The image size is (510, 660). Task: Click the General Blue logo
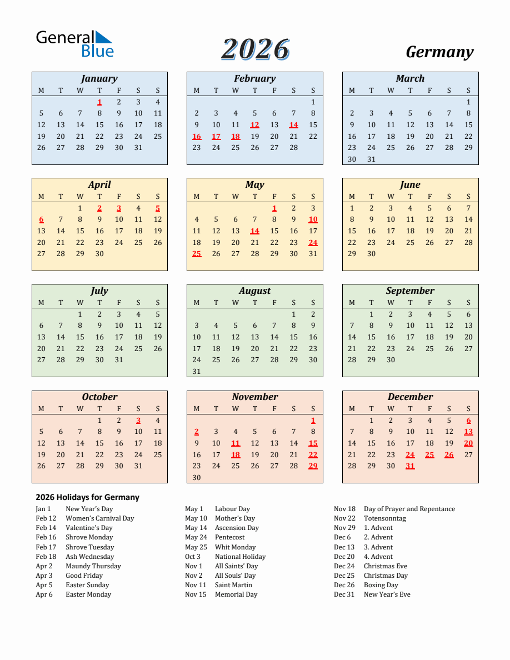tap(74, 44)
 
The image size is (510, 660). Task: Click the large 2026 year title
tap(255, 50)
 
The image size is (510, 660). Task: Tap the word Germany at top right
tap(439, 52)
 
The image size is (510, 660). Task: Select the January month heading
tap(99, 78)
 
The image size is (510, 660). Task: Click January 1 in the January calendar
tap(99, 102)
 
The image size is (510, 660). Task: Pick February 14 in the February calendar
tap(293, 125)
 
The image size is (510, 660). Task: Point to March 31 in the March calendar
tap(371, 159)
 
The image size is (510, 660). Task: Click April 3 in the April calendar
tap(119, 208)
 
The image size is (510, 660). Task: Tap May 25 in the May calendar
tap(197, 254)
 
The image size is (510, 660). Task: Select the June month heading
tap(410, 184)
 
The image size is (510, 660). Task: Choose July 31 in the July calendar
tap(119, 360)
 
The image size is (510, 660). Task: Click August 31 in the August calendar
tap(197, 372)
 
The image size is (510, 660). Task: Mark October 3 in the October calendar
tap(138, 421)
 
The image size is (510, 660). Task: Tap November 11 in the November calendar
tap(236, 443)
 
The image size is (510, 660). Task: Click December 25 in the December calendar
tap(429, 455)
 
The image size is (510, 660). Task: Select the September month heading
tap(410, 291)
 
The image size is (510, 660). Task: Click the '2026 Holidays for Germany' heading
tap(87, 497)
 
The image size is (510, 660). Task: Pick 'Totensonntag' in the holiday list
tap(384, 518)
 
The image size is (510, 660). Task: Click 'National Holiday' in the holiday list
tap(240, 557)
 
